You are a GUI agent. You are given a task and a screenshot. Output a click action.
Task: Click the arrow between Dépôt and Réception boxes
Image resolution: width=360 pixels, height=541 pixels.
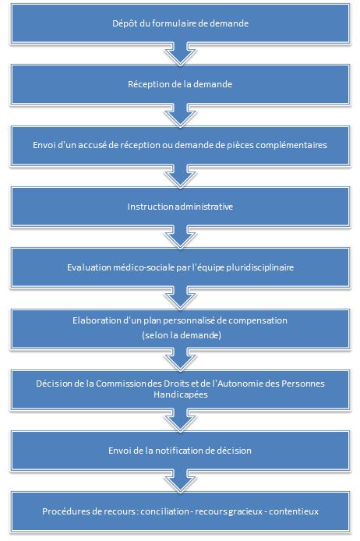(180, 54)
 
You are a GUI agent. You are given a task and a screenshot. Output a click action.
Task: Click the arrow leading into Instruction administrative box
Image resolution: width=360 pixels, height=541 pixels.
(180, 176)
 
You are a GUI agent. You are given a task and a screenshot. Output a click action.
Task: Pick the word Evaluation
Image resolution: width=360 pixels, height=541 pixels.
(89, 267)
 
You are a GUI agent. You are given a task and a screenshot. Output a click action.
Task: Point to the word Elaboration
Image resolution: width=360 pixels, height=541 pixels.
(93, 320)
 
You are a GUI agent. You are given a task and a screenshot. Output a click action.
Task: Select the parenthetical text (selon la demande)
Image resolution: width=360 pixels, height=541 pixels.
(182, 335)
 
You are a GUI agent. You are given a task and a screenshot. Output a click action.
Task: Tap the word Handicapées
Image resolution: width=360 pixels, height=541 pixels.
(181, 394)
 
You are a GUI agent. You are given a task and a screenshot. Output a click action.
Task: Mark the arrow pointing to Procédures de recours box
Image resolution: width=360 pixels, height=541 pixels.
(180, 481)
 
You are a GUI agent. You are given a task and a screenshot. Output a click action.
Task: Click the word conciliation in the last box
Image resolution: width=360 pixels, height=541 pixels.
(164, 511)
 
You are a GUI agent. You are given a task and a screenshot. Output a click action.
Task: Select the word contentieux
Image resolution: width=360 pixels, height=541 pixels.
(294, 511)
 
